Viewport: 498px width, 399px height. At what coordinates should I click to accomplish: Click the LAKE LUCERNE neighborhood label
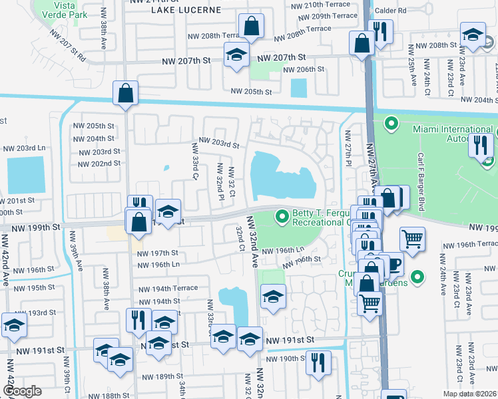(x=185, y=10)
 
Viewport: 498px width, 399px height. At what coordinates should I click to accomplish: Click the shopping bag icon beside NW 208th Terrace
(x=252, y=27)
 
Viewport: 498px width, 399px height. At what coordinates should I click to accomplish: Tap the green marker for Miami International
(x=391, y=123)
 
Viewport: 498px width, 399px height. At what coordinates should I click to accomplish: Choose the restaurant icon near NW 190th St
(x=318, y=363)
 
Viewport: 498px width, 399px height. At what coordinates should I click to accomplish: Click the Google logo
(x=22, y=391)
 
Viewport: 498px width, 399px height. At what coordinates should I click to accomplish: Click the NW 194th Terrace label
(x=168, y=288)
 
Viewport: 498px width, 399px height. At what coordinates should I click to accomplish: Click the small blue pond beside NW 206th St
(x=300, y=87)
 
